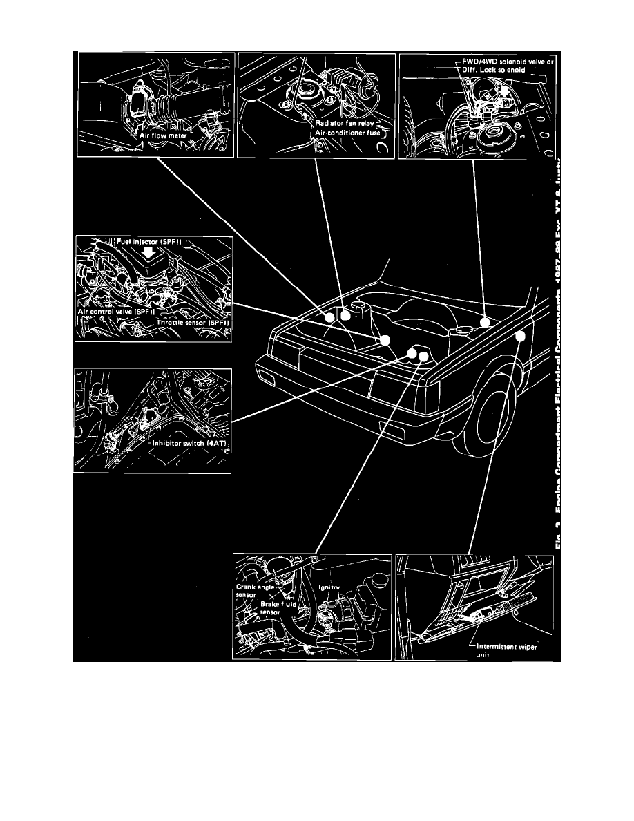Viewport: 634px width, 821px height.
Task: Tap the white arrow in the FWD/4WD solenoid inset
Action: pyautogui.click(x=503, y=91)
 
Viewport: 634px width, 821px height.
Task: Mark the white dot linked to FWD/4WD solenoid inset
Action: pyautogui.click(x=485, y=321)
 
